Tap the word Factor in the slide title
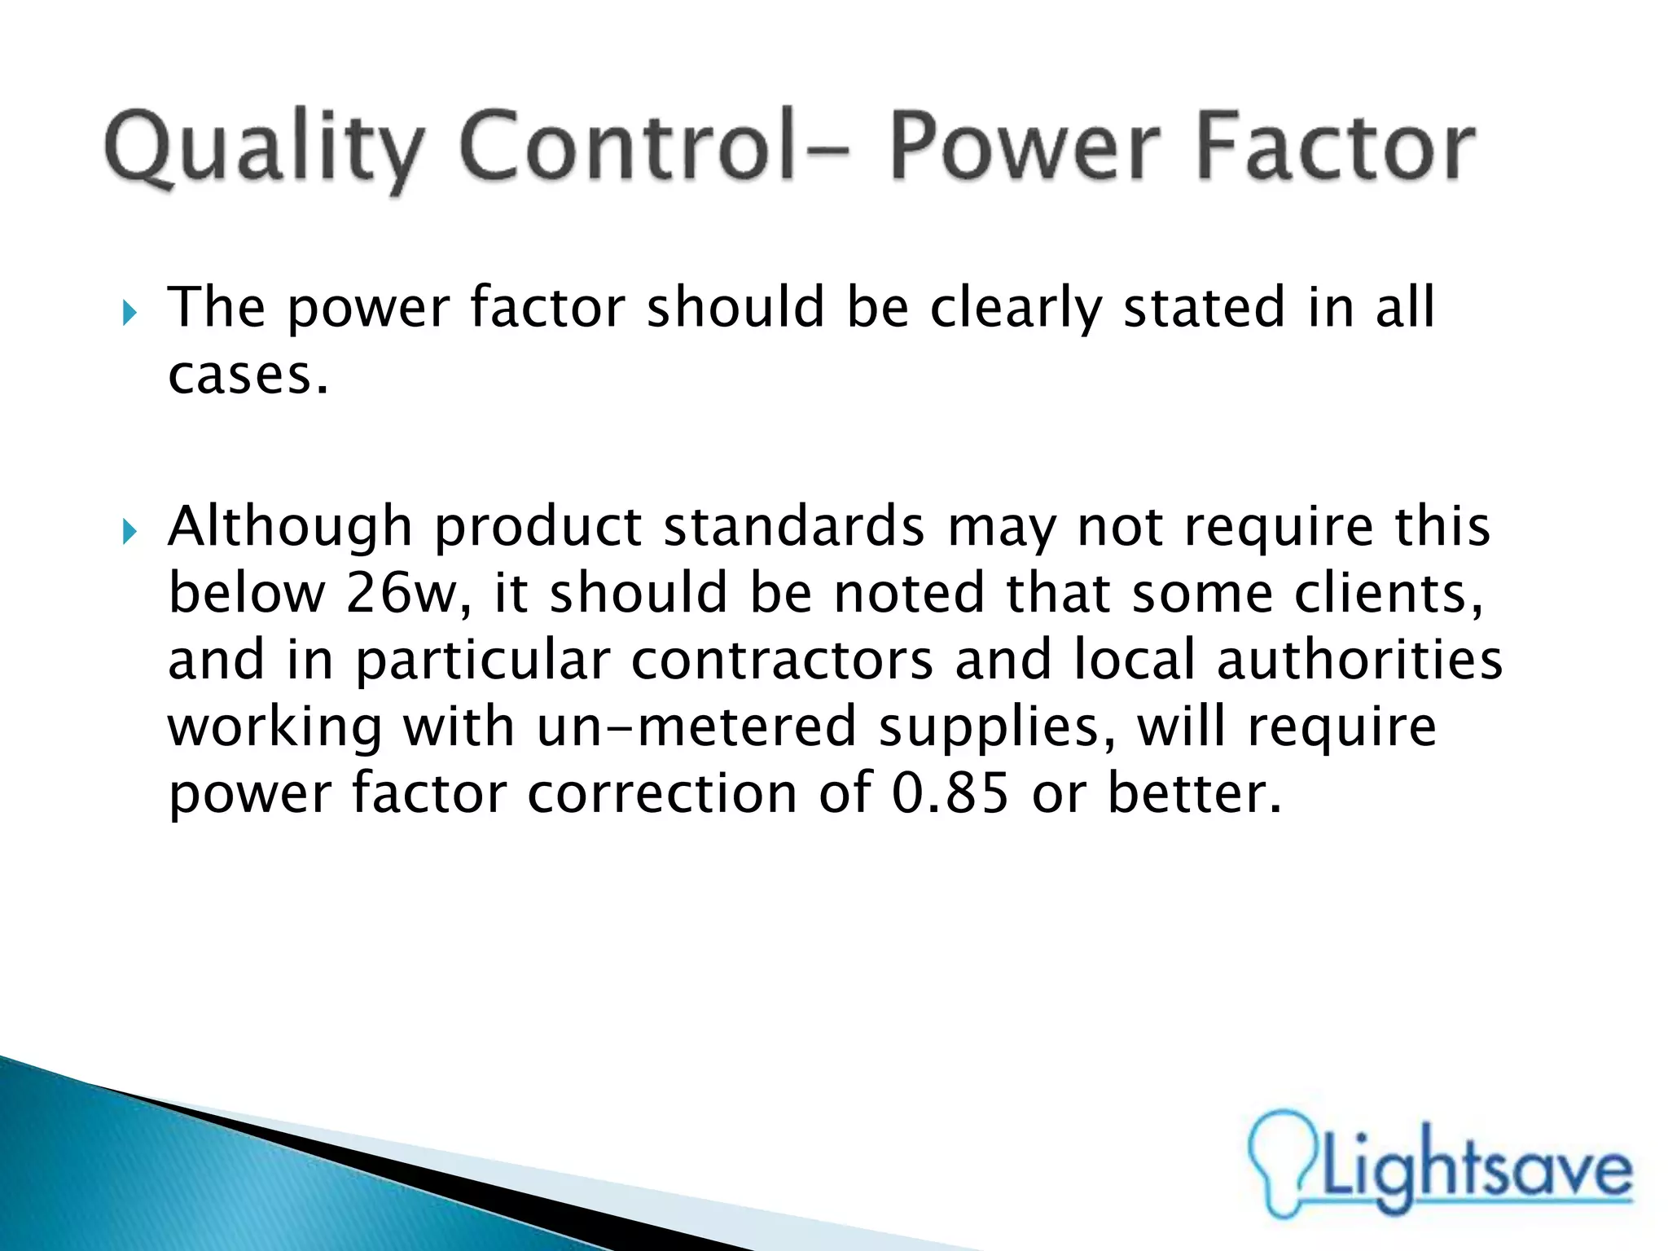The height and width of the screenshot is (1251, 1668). (1335, 147)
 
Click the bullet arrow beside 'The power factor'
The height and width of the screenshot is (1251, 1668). (129, 312)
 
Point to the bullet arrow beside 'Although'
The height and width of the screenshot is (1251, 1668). (129, 532)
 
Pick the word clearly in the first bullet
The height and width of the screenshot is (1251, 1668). (1015, 309)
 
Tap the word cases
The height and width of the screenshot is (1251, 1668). (247, 375)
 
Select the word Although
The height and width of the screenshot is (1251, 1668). (290, 528)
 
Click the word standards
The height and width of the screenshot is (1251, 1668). (794, 526)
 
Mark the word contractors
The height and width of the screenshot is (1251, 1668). (782, 660)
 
